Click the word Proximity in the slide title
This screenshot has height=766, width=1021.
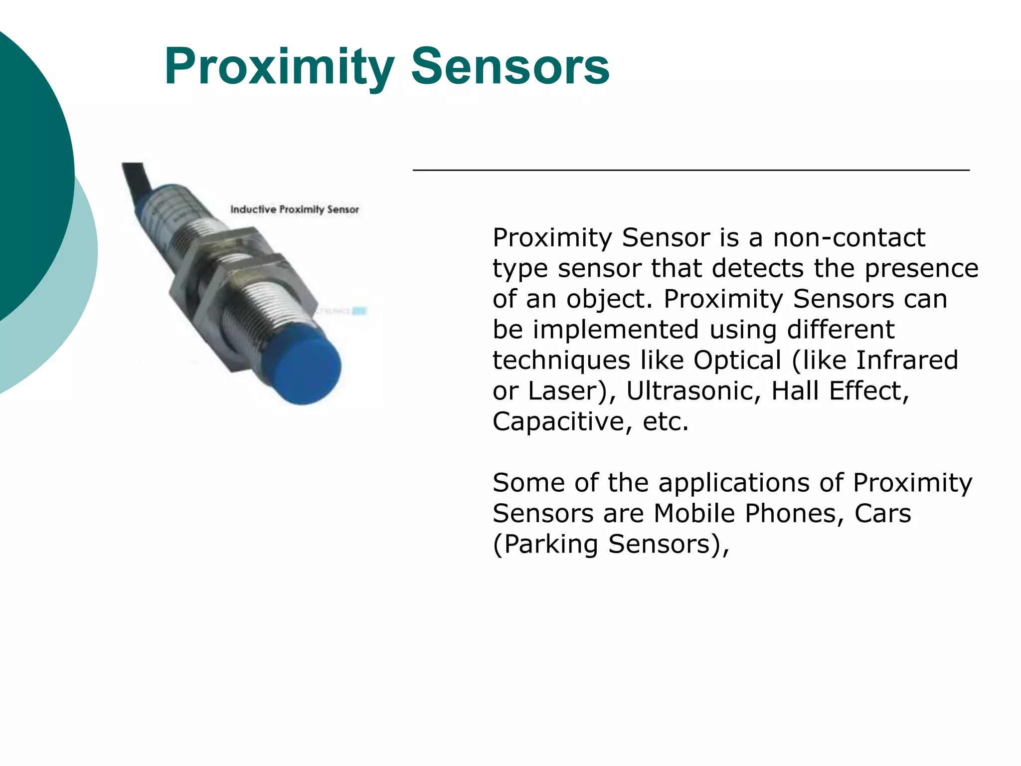point(279,67)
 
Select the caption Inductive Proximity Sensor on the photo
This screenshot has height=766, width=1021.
point(294,209)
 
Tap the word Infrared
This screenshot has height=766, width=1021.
point(907,360)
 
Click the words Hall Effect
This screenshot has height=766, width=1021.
point(840,391)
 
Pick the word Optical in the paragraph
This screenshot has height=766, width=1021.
point(737,360)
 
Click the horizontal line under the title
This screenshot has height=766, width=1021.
point(690,170)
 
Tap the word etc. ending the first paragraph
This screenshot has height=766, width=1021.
point(666,422)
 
